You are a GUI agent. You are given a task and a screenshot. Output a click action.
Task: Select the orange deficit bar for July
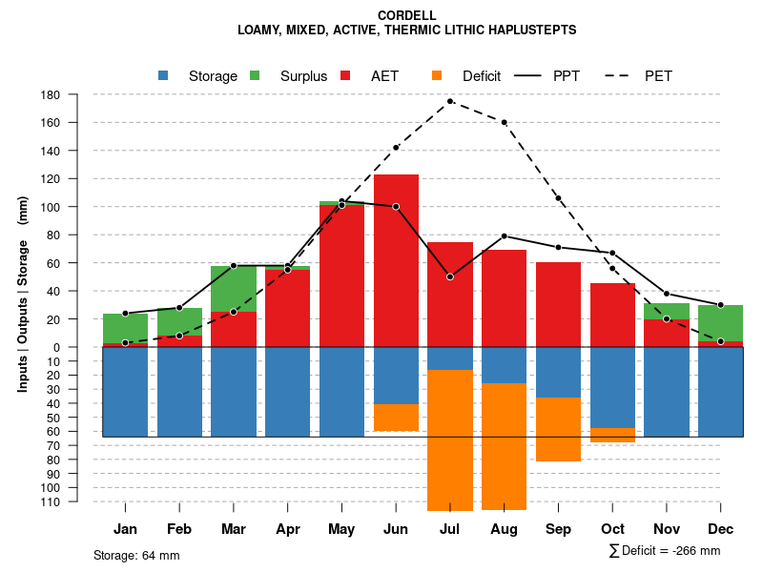[x=450, y=439]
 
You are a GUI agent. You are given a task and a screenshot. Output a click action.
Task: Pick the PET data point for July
[x=450, y=101]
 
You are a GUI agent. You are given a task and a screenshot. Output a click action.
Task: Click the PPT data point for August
[x=504, y=235]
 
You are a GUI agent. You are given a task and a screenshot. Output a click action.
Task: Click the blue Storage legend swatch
[x=163, y=76]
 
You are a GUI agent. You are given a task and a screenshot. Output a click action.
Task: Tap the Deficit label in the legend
[x=481, y=76]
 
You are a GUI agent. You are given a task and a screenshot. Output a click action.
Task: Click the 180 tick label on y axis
[x=51, y=95]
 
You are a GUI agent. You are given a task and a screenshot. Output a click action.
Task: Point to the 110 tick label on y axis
[x=51, y=501]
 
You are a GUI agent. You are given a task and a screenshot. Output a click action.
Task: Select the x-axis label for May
[x=341, y=529]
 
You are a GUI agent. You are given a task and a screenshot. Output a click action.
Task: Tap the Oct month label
[x=612, y=529]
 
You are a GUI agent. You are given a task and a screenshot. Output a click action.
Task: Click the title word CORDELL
[x=406, y=15]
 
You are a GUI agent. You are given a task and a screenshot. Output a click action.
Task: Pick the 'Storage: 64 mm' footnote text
[x=136, y=555]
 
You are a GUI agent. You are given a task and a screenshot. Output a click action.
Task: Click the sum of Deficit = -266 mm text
[x=664, y=550]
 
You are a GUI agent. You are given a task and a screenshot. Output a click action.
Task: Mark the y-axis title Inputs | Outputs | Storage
[x=23, y=293]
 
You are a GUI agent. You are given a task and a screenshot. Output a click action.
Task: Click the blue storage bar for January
[x=125, y=392]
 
